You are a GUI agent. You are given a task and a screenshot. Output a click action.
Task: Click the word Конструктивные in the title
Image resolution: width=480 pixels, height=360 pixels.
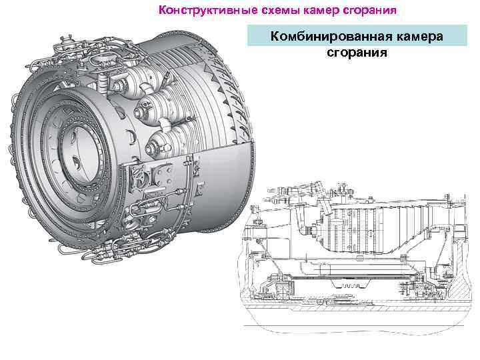207,10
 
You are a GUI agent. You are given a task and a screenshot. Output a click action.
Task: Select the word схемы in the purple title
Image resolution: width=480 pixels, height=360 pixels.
280,10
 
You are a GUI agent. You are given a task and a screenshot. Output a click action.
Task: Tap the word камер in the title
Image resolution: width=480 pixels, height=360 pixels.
321,11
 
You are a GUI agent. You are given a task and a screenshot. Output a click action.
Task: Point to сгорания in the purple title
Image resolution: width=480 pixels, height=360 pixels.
370,11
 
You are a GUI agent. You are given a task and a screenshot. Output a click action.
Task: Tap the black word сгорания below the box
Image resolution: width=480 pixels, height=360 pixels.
357,53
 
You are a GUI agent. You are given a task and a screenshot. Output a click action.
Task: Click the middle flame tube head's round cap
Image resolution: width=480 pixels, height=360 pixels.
141,109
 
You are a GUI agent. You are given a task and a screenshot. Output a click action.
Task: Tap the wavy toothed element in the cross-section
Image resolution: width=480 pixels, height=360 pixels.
349,285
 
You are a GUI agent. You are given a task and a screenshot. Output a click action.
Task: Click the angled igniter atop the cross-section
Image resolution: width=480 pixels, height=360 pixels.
325,199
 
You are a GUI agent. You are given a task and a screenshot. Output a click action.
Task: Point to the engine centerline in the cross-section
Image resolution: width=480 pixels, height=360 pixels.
355,326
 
